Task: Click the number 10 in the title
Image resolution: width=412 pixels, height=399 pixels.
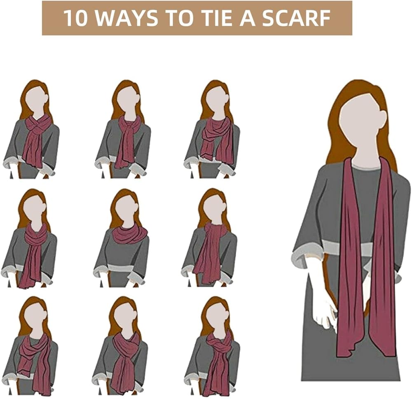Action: point(75,18)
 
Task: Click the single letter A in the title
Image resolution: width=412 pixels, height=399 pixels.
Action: point(248,18)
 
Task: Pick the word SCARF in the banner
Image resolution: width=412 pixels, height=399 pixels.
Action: point(296,18)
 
